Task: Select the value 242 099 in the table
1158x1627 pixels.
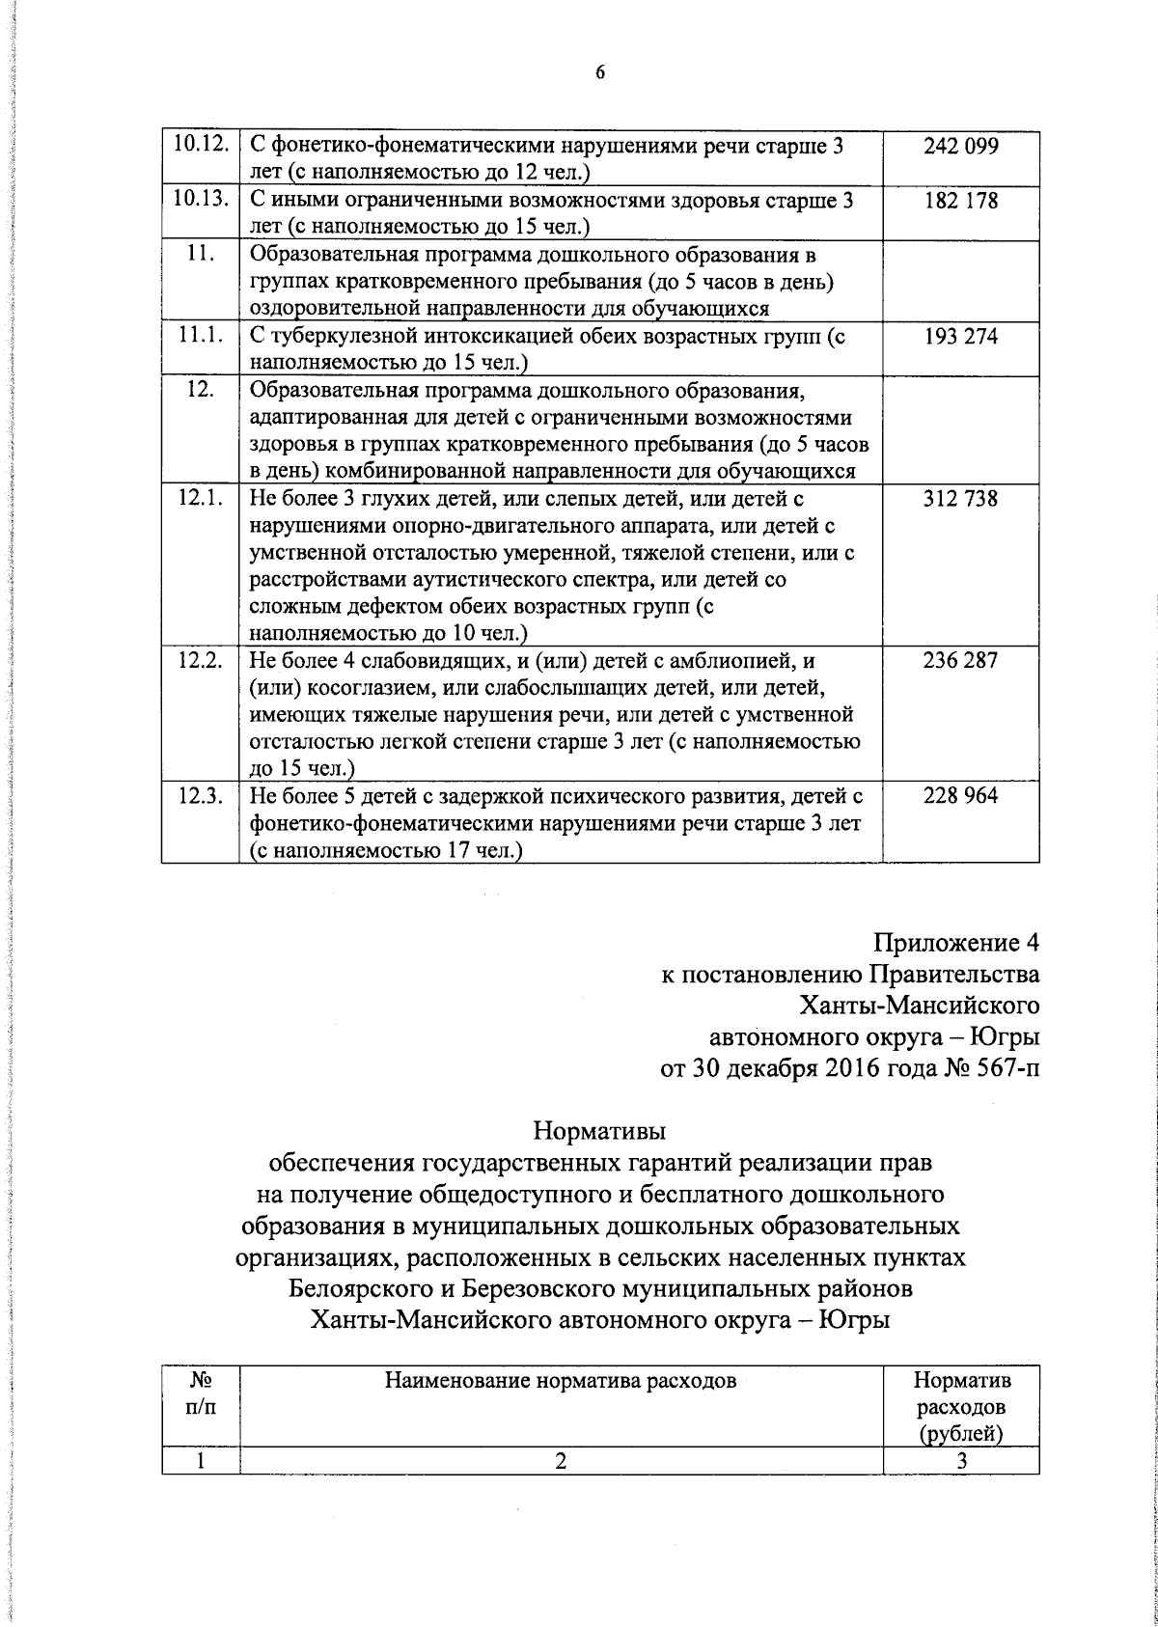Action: (x=960, y=147)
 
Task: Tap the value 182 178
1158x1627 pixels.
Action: (x=960, y=202)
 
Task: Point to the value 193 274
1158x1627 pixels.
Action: (x=960, y=337)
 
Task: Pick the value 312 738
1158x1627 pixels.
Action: (x=960, y=499)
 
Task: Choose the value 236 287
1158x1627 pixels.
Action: (x=960, y=661)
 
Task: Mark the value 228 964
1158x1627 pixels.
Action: (x=960, y=796)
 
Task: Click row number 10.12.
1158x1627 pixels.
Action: (x=200, y=147)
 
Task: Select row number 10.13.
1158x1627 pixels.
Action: (x=200, y=202)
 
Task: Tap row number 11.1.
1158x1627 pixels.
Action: (x=200, y=337)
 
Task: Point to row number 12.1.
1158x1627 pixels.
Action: (x=200, y=499)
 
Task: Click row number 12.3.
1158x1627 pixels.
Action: (x=200, y=796)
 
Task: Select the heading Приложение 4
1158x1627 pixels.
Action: (x=957, y=941)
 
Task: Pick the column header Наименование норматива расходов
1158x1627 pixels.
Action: (x=560, y=1381)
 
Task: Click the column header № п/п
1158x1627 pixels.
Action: (x=200, y=1393)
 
